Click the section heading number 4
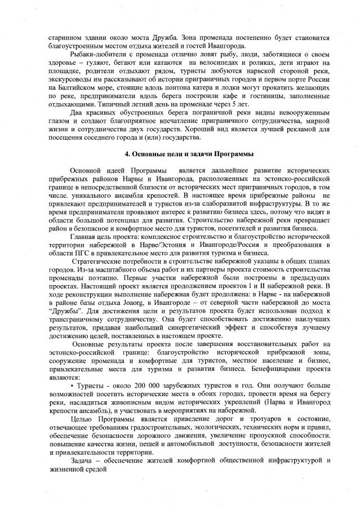[127, 154]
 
